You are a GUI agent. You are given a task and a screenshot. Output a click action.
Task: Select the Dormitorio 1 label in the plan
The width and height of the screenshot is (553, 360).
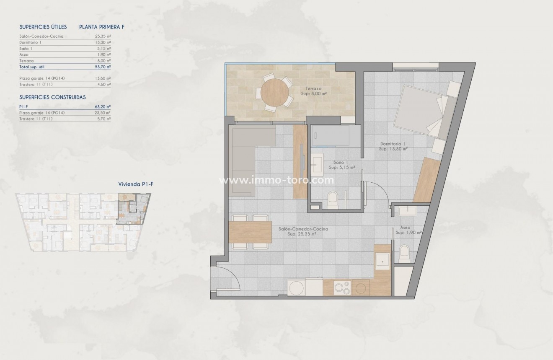tap(393, 146)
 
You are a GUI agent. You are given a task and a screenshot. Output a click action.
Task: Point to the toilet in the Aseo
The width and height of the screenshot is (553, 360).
tap(405, 254)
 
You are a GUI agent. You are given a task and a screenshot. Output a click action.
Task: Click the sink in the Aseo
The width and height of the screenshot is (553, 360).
tap(406, 210)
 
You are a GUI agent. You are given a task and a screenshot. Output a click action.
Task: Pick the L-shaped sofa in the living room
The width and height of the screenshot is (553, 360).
tap(247, 155)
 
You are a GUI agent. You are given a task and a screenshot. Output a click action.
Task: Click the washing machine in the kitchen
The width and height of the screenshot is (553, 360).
tap(297, 288)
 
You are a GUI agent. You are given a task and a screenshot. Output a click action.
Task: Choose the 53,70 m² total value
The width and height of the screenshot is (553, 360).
tap(103, 67)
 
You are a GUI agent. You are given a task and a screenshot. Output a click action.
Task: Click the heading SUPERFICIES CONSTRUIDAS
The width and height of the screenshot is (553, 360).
tap(52, 97)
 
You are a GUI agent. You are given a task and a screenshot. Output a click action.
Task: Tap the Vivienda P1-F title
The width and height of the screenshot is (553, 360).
tap(133, 184)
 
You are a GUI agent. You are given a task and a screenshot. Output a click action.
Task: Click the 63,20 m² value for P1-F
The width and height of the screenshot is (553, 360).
tap(103, 106)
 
